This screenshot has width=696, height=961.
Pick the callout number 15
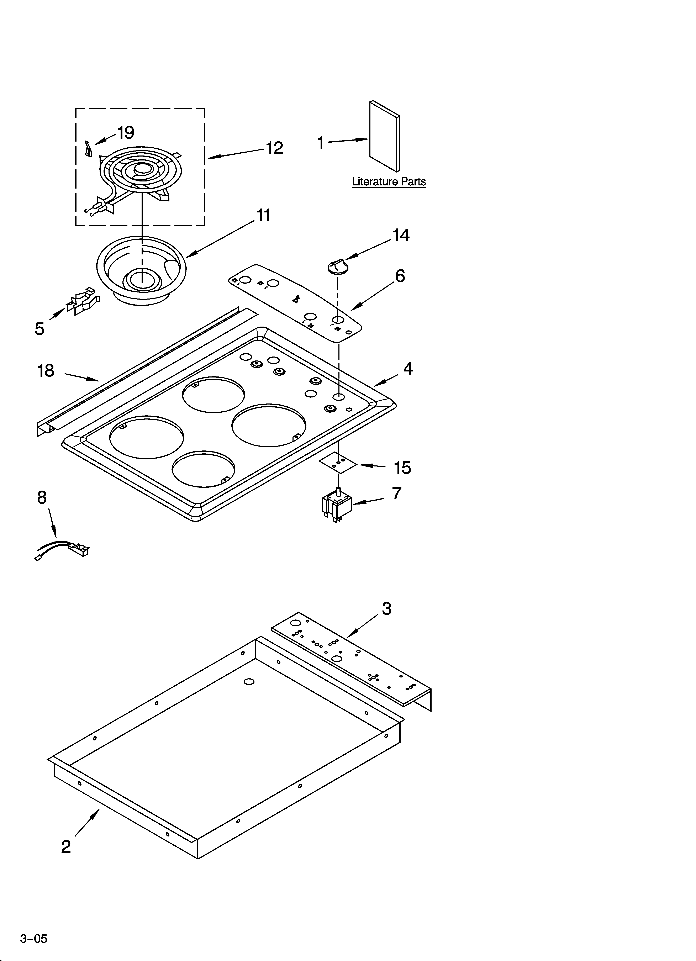(x=402, y=468)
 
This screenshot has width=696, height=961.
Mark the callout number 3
(x=387, y=609)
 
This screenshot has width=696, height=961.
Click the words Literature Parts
(x=389, y=182)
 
